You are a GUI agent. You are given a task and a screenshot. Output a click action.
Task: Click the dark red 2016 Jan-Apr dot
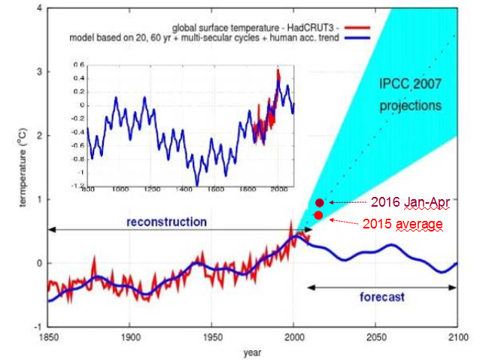coord(319,202)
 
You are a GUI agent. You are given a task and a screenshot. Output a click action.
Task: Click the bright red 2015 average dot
coord(319,216)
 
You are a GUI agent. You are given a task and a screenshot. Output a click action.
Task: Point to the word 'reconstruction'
coord(166,222)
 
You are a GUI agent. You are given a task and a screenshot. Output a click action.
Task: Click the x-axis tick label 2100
coord(456,336)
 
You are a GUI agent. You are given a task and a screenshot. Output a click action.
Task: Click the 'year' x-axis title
coord(252,350)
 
